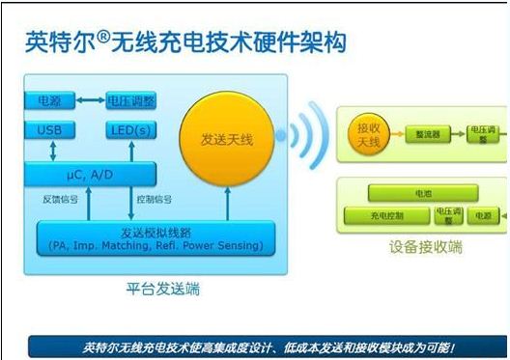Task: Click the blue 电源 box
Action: [48, 99]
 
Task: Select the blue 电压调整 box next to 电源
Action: [130, 99]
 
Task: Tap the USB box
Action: [48, 130]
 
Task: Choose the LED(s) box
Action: [130, 130]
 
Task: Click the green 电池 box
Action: [423, 194]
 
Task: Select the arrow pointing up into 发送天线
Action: [228, 206]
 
